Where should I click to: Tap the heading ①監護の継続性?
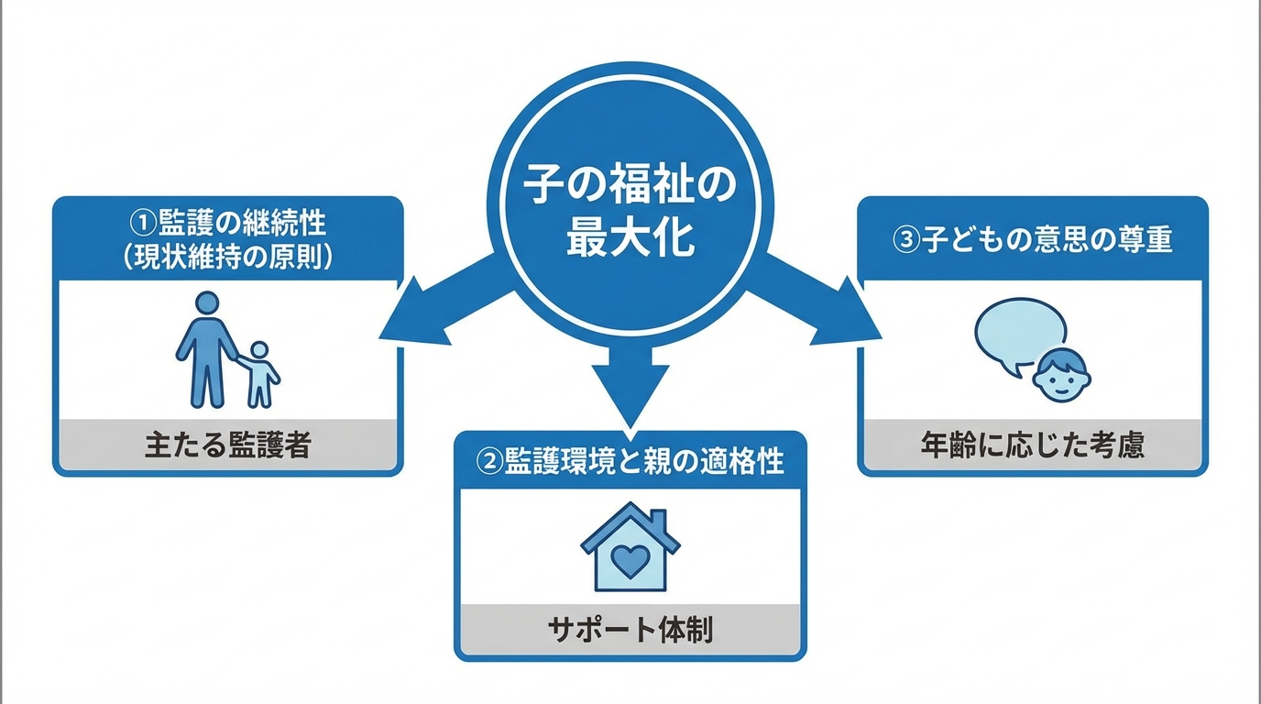(228, 223)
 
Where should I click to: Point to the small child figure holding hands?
(260, 374)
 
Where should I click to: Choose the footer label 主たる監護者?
(227, 446)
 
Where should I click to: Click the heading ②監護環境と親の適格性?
(630, 461)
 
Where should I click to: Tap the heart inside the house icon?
(630, 559)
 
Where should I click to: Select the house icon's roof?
(630, 526)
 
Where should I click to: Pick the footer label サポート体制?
(630, 631)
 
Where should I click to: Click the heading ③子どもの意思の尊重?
(1032, 240)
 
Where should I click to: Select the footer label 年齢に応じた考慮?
(1032, 446)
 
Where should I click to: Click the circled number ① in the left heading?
(143, 223)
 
